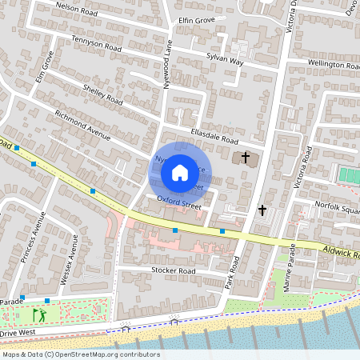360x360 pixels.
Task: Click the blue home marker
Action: [180, 172]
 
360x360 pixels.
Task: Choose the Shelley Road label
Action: [102, 95]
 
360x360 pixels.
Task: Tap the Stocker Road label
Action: [173, 271]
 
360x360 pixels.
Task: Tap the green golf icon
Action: [38, 314]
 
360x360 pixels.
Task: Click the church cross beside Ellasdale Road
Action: [246, 158]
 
